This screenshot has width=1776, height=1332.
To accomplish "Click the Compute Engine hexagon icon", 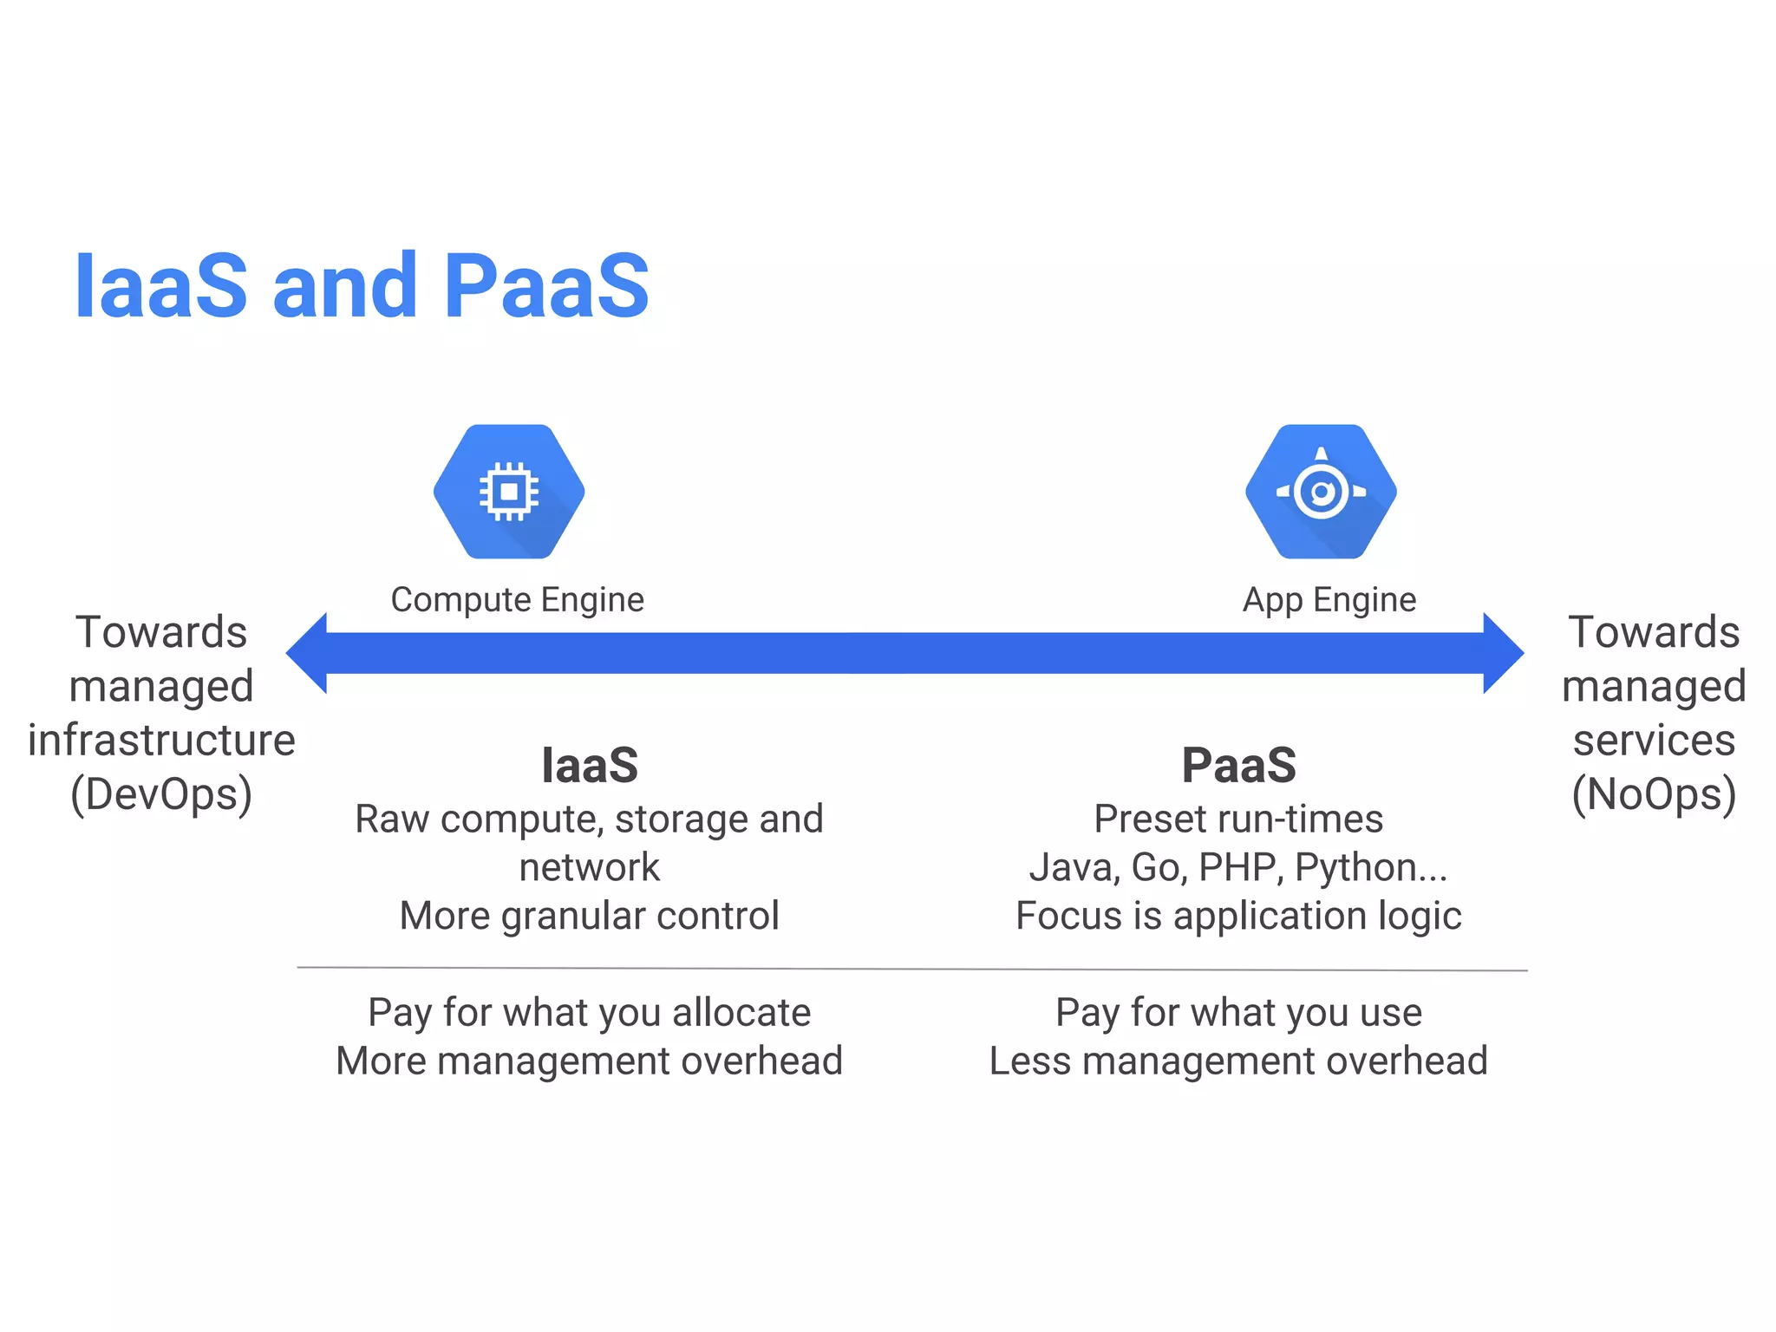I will [509, 492].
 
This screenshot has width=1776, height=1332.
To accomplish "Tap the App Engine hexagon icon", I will [1321, 492].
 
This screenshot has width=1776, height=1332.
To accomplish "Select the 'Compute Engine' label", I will [518, 599].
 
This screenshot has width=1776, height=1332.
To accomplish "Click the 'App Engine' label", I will [1329, 599].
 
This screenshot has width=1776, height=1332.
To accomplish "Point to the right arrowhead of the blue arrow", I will [1503, 653].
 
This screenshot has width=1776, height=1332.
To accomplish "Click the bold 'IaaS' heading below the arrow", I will [590, 765].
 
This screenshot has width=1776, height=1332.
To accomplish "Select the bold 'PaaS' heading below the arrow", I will [1238, 765].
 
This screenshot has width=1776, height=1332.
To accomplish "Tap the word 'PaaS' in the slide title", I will [546, 285].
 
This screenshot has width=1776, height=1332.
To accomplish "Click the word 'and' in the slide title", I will [345, 285].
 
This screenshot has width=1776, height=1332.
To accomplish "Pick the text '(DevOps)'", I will [161, 794].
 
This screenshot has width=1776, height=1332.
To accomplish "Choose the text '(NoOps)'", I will [1654, 794].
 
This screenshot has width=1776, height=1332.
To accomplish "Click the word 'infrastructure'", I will [161, 740].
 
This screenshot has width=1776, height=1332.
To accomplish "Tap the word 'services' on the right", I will [1654, 740].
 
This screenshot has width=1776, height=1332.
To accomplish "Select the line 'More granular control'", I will [590, 916].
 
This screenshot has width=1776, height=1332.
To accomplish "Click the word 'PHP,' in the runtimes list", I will [1241, 867].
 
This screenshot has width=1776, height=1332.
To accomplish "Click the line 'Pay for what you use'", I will [1238, 1012].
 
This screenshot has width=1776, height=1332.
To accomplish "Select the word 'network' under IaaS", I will [590, 867].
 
